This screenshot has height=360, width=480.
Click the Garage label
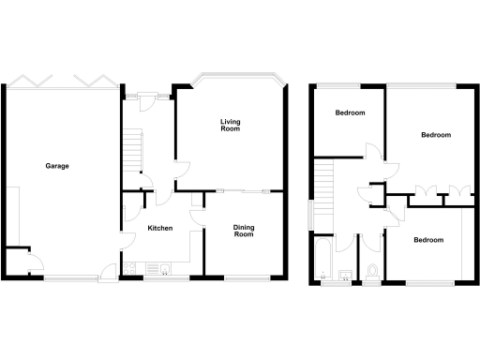click(57, 166)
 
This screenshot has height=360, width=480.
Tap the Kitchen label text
click(159, 229)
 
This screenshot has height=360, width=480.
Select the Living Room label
click(230, 125)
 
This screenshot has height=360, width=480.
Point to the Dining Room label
click(244, 231)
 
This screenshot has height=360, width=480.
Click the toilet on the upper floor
click(372, 272)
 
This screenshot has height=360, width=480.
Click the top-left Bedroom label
click(350, 112)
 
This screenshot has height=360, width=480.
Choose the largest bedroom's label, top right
click(435, 135)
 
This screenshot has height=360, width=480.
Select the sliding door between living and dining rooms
click(243, 191)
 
